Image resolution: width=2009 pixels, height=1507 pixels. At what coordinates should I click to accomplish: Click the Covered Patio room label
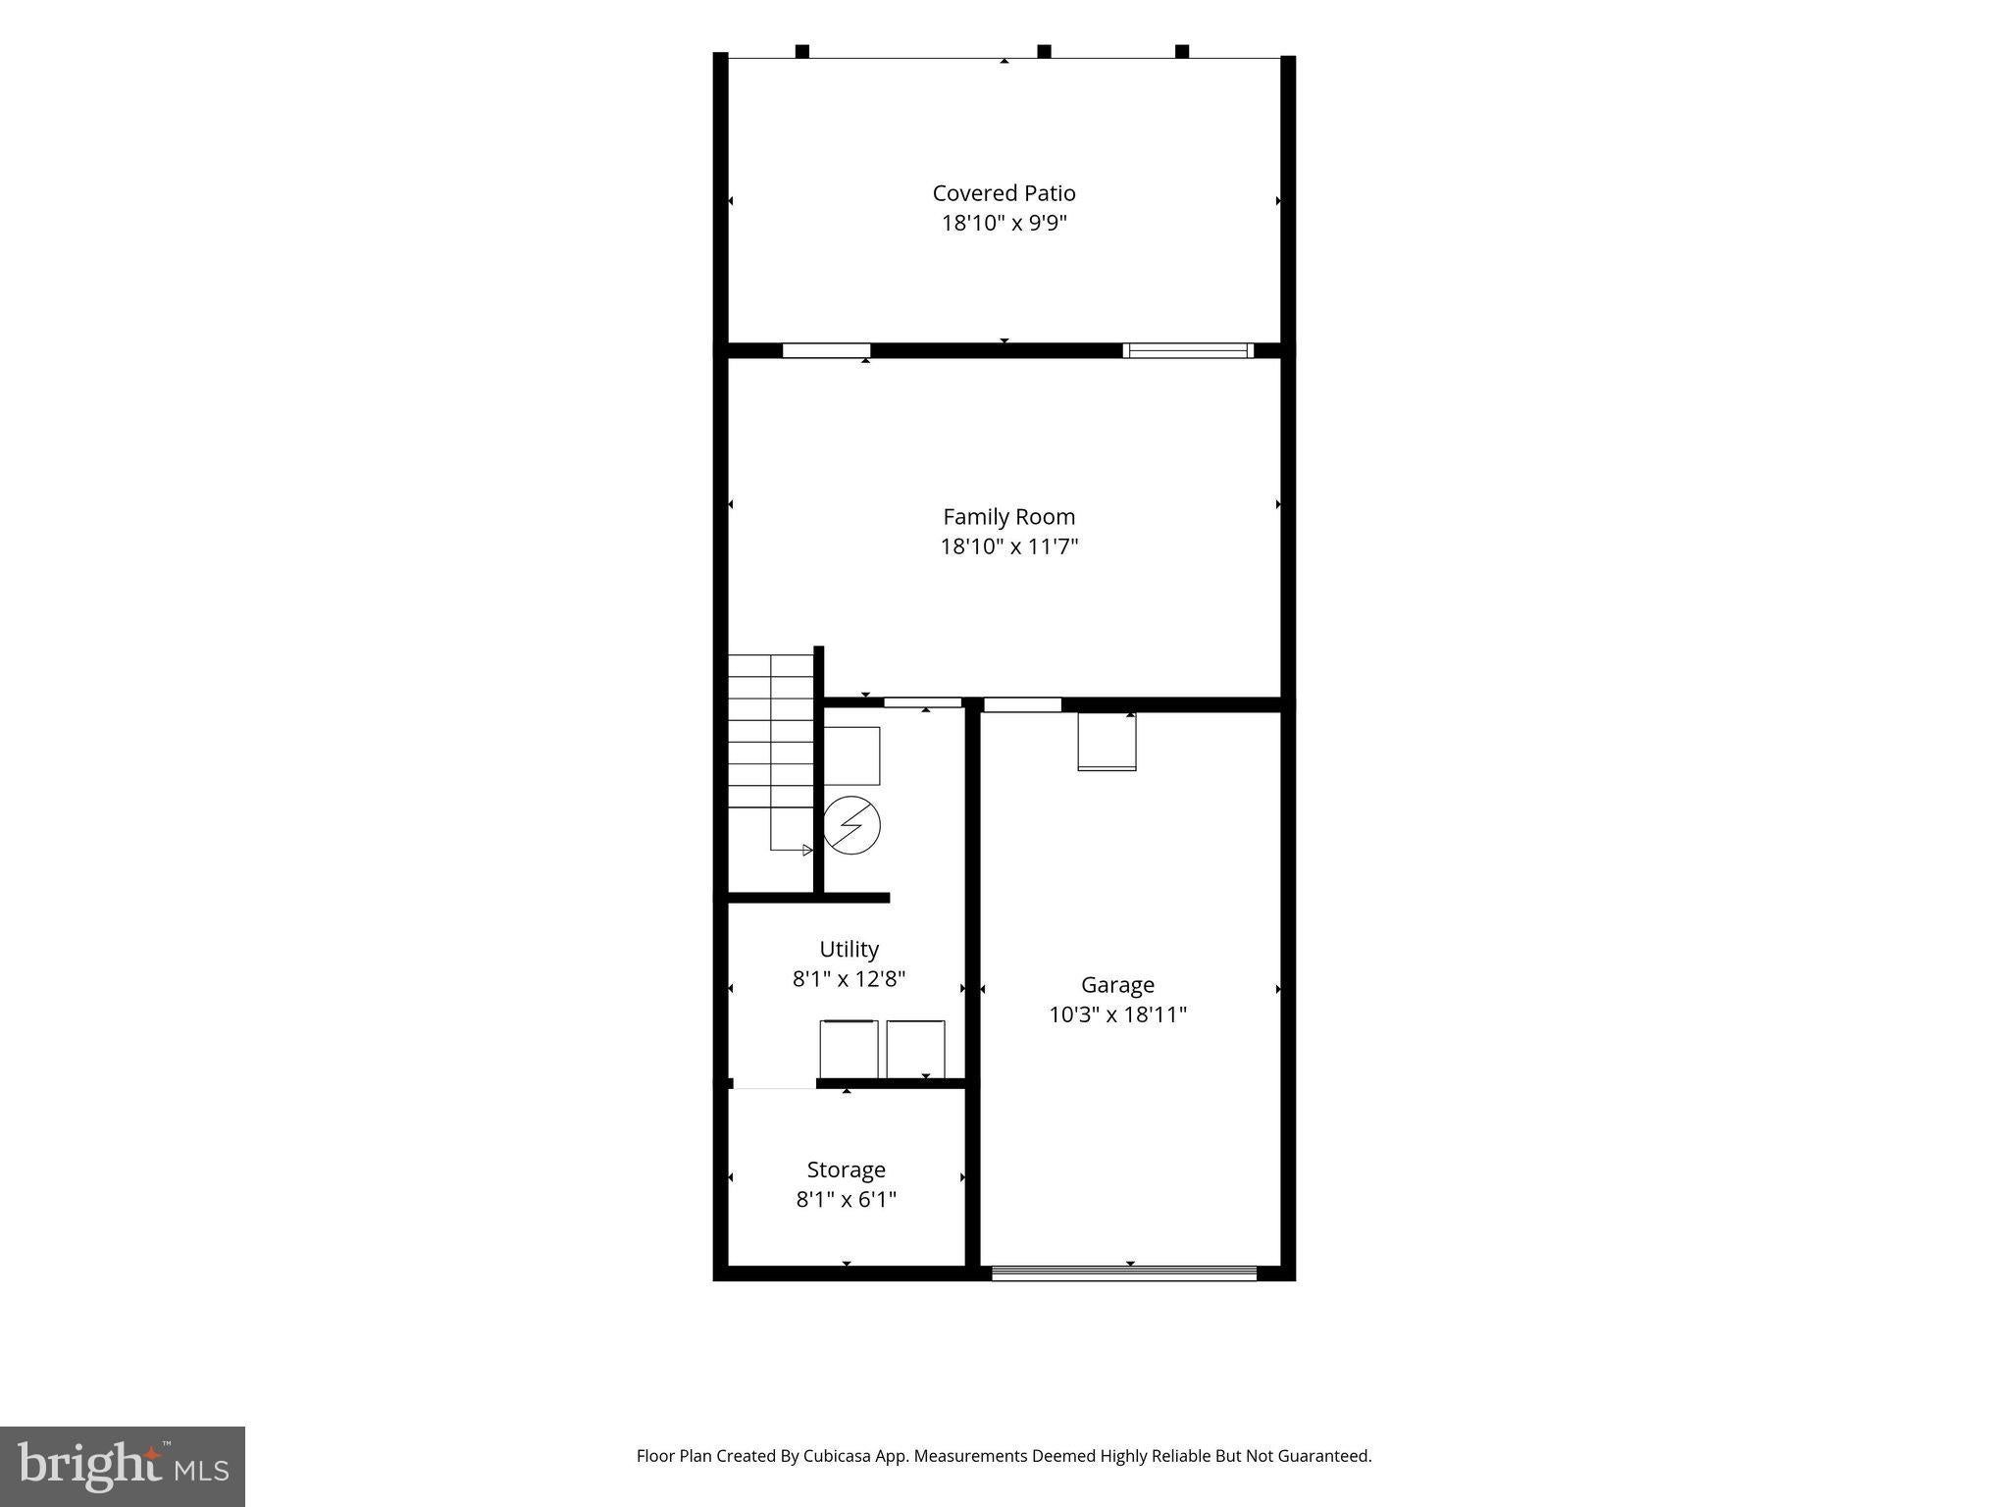click(1004, 193)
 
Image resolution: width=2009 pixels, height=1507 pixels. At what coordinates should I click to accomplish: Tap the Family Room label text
click(1008, 517)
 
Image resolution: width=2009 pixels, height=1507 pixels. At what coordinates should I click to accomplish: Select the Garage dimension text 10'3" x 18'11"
click(1117, 1014)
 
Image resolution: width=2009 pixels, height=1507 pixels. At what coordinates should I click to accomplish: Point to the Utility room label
click(849, 949)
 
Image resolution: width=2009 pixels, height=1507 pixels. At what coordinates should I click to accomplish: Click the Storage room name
click(846, 1169)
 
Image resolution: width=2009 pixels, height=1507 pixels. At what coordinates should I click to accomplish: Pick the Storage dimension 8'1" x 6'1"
click(846, 1199)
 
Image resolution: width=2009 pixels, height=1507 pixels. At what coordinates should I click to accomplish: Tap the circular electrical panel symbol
click(851, 825)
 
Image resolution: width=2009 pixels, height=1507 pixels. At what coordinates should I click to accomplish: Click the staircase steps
click(771, 753)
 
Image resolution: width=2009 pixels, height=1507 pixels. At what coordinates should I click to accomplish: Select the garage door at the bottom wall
click(1124, 1273)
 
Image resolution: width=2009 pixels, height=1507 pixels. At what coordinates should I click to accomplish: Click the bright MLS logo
click(123, 1466)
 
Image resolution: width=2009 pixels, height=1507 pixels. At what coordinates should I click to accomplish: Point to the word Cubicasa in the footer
click(840, 1456)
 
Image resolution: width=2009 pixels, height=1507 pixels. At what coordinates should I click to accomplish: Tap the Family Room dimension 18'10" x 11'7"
click(1008, 546)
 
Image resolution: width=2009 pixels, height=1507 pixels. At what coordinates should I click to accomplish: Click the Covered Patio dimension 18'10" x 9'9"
click(1004, 223)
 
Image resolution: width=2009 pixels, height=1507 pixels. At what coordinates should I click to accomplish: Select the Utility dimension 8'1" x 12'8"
click(849, 978)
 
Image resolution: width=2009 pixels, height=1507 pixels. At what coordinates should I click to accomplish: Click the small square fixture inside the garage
click(1107, 741)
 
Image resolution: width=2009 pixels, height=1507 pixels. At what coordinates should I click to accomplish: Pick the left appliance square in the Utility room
click(850, 1050)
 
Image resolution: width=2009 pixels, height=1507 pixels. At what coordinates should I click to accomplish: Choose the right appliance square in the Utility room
click(916, 1050)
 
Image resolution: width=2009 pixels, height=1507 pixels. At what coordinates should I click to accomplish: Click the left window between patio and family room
click(826, 350)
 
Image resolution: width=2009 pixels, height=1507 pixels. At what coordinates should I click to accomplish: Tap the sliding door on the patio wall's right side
click(1188, 350)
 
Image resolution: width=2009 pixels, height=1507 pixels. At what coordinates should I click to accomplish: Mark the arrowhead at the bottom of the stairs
click(808, 850)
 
